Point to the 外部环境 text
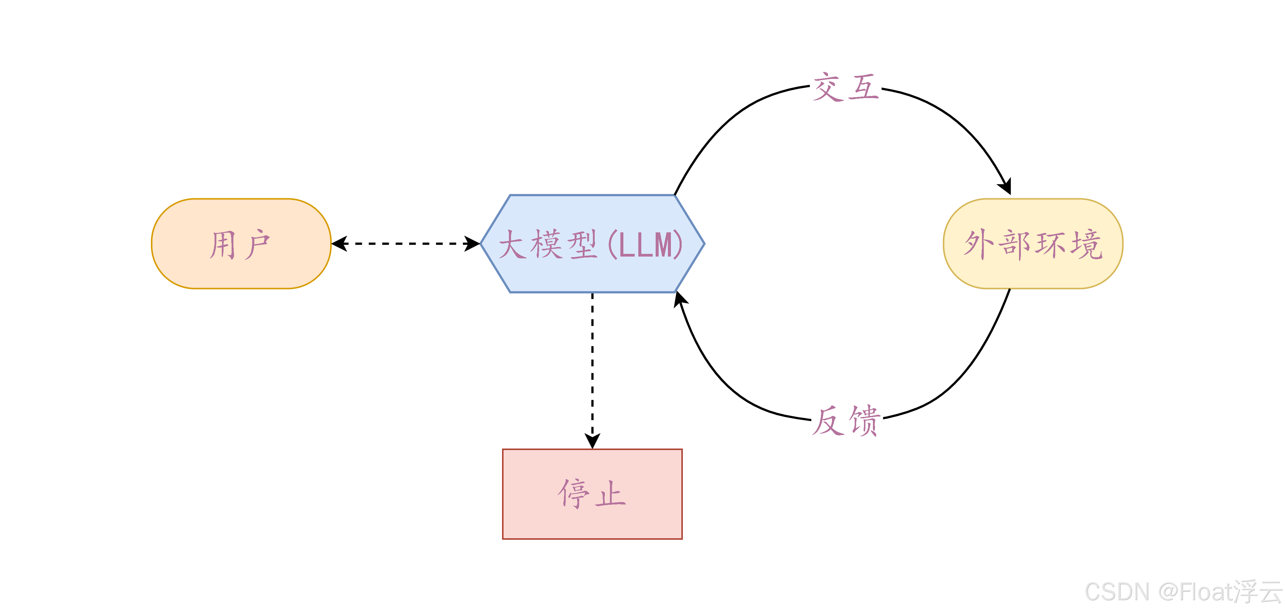point(1032,245)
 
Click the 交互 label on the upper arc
point(845,87)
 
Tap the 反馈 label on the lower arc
point(845,421)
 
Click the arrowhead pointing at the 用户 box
point(339,244)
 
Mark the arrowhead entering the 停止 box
point(592,441)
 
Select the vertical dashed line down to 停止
point(592,365)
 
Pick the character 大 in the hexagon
point(512,245)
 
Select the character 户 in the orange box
point(257,245)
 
